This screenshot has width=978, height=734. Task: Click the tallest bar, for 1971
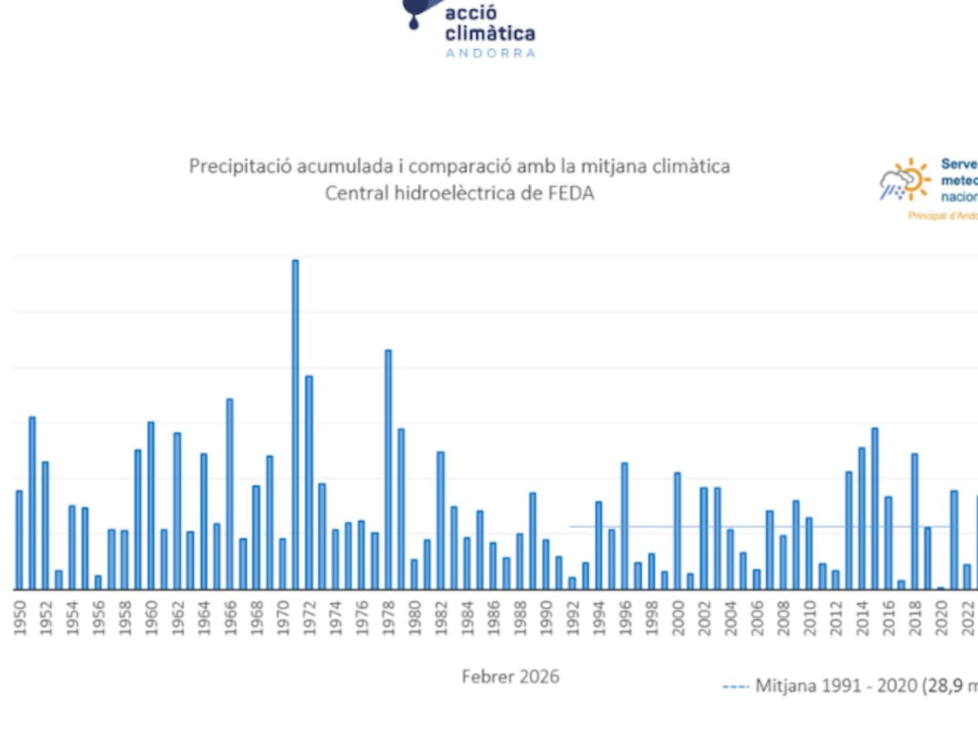(295, 424)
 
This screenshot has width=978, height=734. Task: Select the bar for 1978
(388, 469)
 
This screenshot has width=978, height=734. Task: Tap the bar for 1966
(230, 493)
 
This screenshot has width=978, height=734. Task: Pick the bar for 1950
(20, 539)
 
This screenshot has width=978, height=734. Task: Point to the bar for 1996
(624, 525)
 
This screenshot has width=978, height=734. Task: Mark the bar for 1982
(440, 520)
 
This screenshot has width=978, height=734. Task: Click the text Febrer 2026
(510, 677)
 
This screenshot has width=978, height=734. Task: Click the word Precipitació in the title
(236, 166)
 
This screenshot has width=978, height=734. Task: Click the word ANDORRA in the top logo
(490, 53)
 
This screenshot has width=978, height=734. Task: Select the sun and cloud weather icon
(905, 180)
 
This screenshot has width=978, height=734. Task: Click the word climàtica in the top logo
(490, 33)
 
